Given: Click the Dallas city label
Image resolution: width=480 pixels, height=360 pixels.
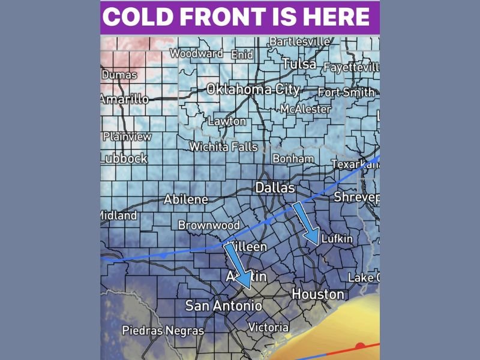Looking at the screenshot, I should (275, 187).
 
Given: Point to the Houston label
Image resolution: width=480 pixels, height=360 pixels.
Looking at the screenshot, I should (318, 294).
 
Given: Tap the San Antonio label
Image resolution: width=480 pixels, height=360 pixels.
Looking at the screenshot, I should (224, 305).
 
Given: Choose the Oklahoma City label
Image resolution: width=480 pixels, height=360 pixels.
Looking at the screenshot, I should (253, 89).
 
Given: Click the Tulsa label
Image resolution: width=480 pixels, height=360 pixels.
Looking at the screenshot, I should (299, 64).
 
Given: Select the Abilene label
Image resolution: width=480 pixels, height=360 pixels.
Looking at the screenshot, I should (186, 199).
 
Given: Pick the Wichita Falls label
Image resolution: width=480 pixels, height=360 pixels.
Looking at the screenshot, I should (223, 146).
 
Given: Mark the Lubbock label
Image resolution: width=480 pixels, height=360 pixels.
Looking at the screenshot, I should (124, 158).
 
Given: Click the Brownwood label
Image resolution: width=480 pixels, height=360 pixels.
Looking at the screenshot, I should (209, 226).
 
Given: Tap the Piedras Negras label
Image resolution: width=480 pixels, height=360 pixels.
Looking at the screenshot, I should (163, 330).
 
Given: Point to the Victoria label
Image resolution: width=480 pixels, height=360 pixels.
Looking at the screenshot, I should (268, 328).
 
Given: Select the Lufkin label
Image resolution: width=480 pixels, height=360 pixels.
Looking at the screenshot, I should (337, 239).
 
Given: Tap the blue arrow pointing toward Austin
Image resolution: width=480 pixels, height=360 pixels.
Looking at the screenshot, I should (238, 266).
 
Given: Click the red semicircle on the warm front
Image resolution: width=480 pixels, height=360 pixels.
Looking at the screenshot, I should (360, 346).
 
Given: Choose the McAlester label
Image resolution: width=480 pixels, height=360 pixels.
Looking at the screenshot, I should (305, 109).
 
